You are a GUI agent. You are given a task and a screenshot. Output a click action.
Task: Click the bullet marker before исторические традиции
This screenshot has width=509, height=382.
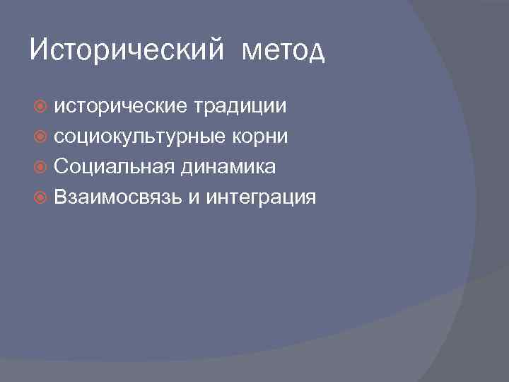(41, 107)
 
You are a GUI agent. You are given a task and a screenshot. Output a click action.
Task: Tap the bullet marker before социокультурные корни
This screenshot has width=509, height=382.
(41, 137)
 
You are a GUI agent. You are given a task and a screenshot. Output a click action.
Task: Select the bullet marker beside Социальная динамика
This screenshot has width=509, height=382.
(41, 168)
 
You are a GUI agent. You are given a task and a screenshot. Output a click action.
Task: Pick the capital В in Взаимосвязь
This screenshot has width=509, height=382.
(60, 197)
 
